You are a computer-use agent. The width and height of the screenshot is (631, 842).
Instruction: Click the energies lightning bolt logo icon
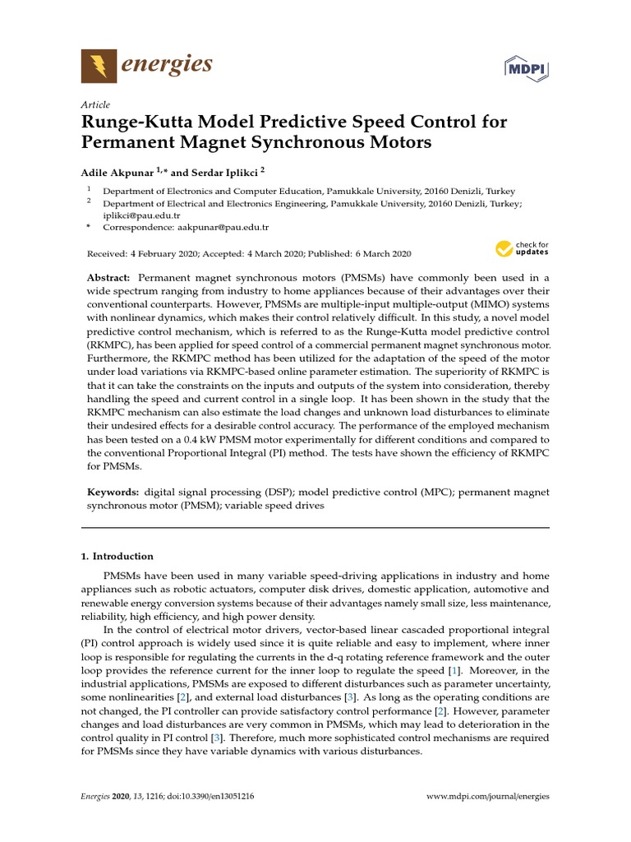(x=98, y=66)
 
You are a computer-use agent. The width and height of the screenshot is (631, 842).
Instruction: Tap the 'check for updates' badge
(x=521, y=248)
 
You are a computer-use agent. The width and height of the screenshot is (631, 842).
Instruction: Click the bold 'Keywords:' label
(x=114, y=492)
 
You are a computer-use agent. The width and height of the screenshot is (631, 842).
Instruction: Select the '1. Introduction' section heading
(x=117, y=556)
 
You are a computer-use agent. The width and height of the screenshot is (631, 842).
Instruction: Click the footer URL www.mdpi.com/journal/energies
(x=489, y=796)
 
